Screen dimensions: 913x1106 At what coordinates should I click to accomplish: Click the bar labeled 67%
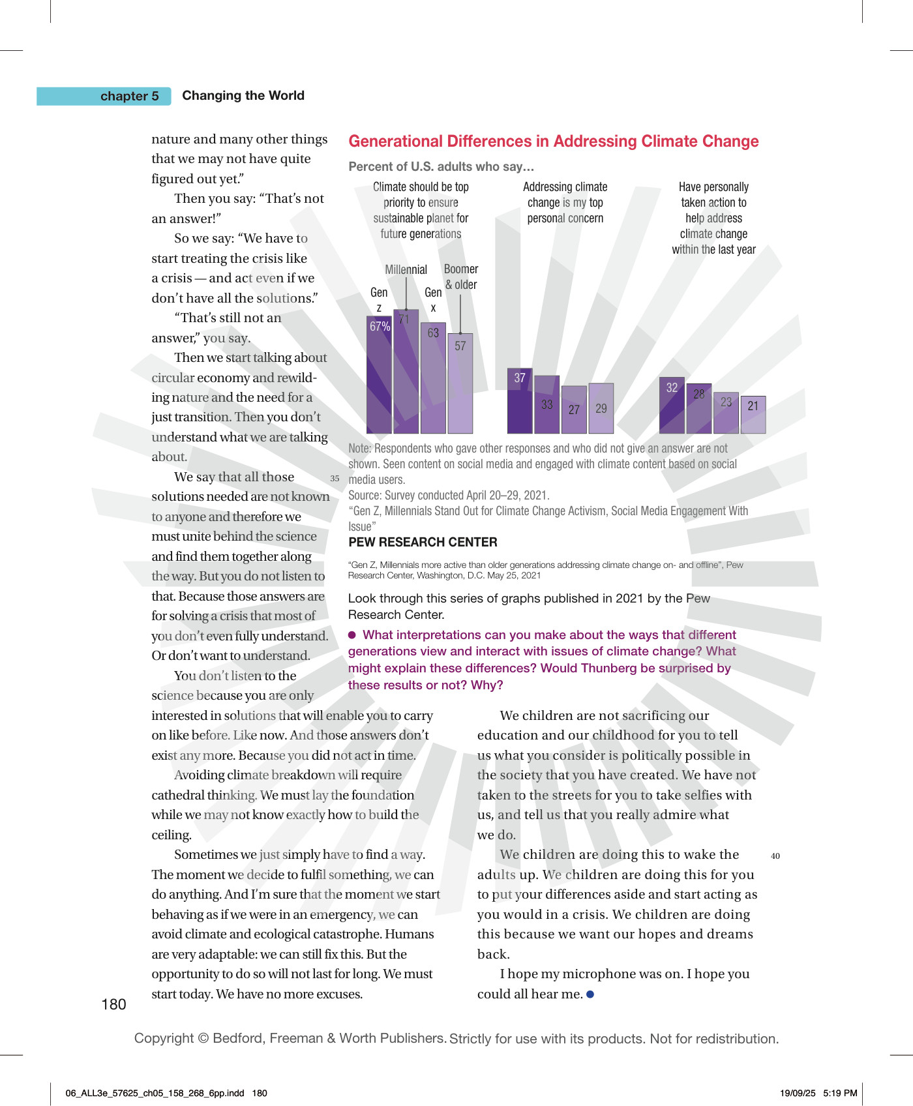coord(379,375)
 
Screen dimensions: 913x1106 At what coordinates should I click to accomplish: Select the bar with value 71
coord(406,372)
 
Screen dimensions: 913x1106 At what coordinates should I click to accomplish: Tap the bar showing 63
coord(433,378)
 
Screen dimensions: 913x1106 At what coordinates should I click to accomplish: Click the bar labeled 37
coord(520,401)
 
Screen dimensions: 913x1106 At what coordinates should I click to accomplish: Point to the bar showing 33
coord(546,404)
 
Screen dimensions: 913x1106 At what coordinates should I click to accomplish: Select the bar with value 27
coord(574,410)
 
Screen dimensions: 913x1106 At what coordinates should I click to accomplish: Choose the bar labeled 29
coord(601,408)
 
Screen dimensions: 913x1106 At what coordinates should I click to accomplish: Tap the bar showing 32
coord(672,406)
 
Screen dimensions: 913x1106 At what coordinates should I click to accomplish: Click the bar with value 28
coord(699,409)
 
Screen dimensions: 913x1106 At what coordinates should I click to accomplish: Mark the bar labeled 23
coord(726,413)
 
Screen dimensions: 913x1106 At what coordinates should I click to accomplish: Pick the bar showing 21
coord(753,415)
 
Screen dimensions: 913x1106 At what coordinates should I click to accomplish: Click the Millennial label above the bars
coord(406,270)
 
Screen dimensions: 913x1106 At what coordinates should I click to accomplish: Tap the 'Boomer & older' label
coord(461,276)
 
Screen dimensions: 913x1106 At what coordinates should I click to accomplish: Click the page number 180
coord(113,1004)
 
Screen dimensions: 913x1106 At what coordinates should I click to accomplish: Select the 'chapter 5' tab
coord(104,96)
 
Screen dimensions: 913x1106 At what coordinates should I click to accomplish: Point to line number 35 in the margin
coord(335,478)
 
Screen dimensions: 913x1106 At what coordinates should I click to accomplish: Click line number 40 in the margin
coord(775,856)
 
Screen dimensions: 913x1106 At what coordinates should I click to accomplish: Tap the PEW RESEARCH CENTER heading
coord(423,542)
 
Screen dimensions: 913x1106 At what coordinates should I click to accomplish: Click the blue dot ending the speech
coord(590,994)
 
